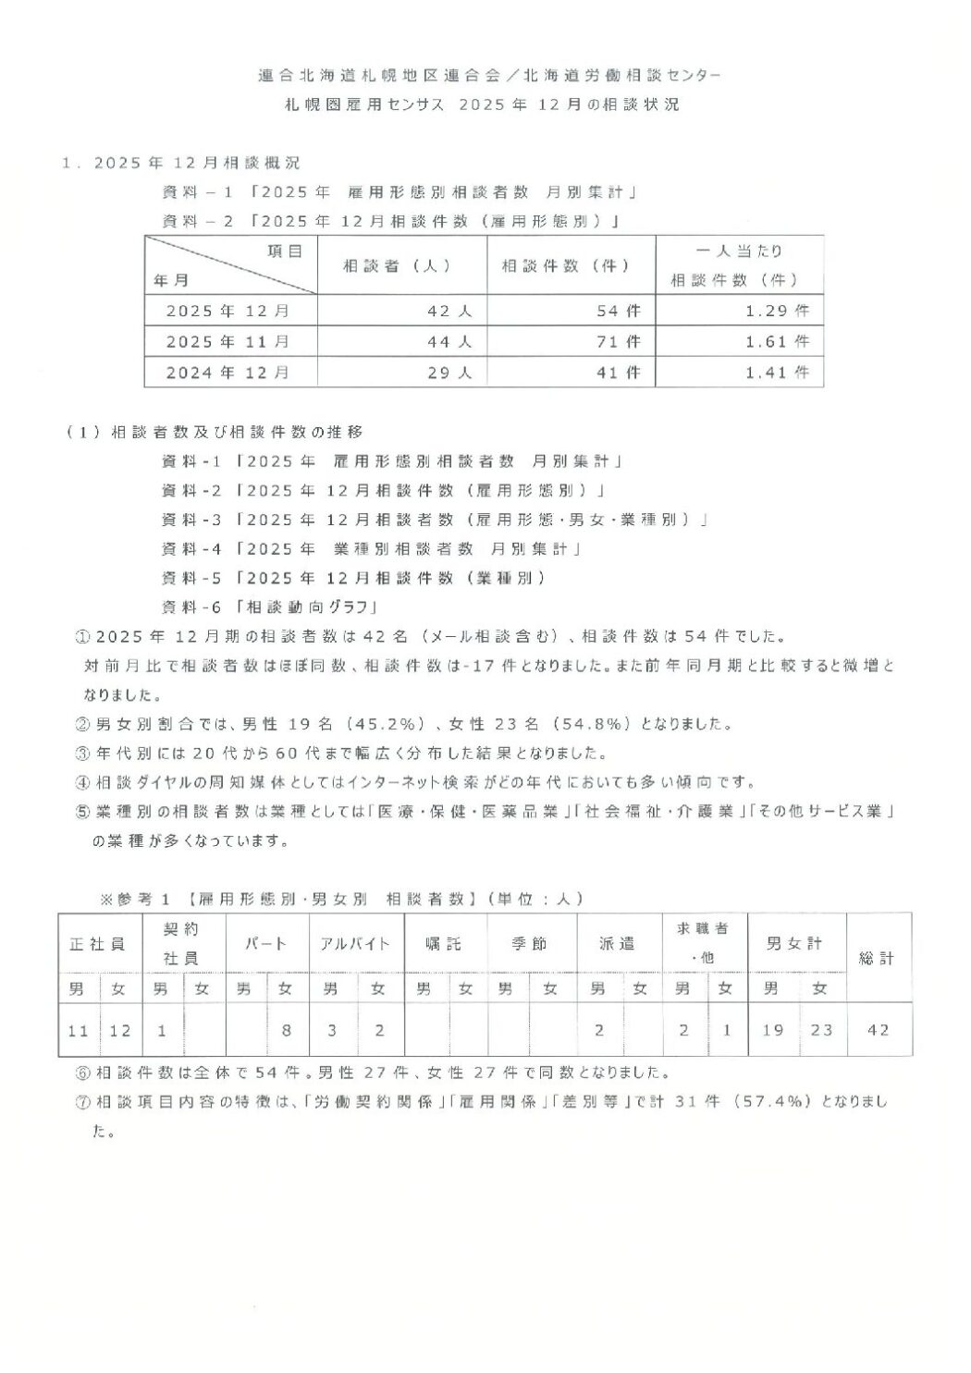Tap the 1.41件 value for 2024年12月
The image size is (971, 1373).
tap(777, 373)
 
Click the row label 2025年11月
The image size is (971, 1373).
tap(228, 342)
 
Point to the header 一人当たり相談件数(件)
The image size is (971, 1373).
tap(739, 265)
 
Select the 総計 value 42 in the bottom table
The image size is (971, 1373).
tap(879, 1029)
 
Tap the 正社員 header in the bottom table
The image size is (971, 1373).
tap(98, 944)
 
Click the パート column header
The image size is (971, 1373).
tap(265, 944)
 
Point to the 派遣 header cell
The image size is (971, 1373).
tap(618, 944)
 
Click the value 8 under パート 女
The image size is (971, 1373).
tap(286, 1029)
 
